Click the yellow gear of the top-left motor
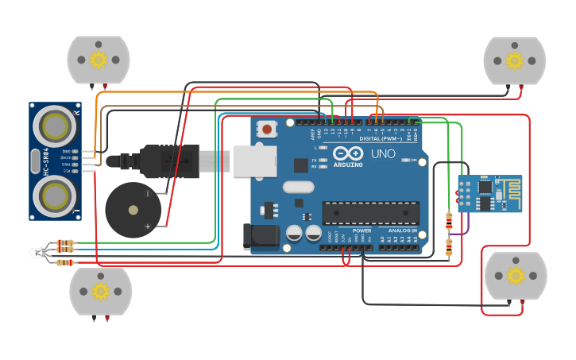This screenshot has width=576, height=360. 99,60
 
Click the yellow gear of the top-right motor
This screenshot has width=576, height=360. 515,60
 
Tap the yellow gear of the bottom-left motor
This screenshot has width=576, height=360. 100,292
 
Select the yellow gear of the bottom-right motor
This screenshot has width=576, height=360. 516,276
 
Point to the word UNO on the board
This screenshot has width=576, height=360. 383,153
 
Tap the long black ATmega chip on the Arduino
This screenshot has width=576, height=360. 370,213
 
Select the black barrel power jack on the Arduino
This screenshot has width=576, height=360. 259,236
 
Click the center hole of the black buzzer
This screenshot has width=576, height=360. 133,211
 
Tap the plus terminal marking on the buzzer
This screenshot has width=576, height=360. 147,226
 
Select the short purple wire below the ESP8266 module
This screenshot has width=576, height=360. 466,227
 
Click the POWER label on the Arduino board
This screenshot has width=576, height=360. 361,230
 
